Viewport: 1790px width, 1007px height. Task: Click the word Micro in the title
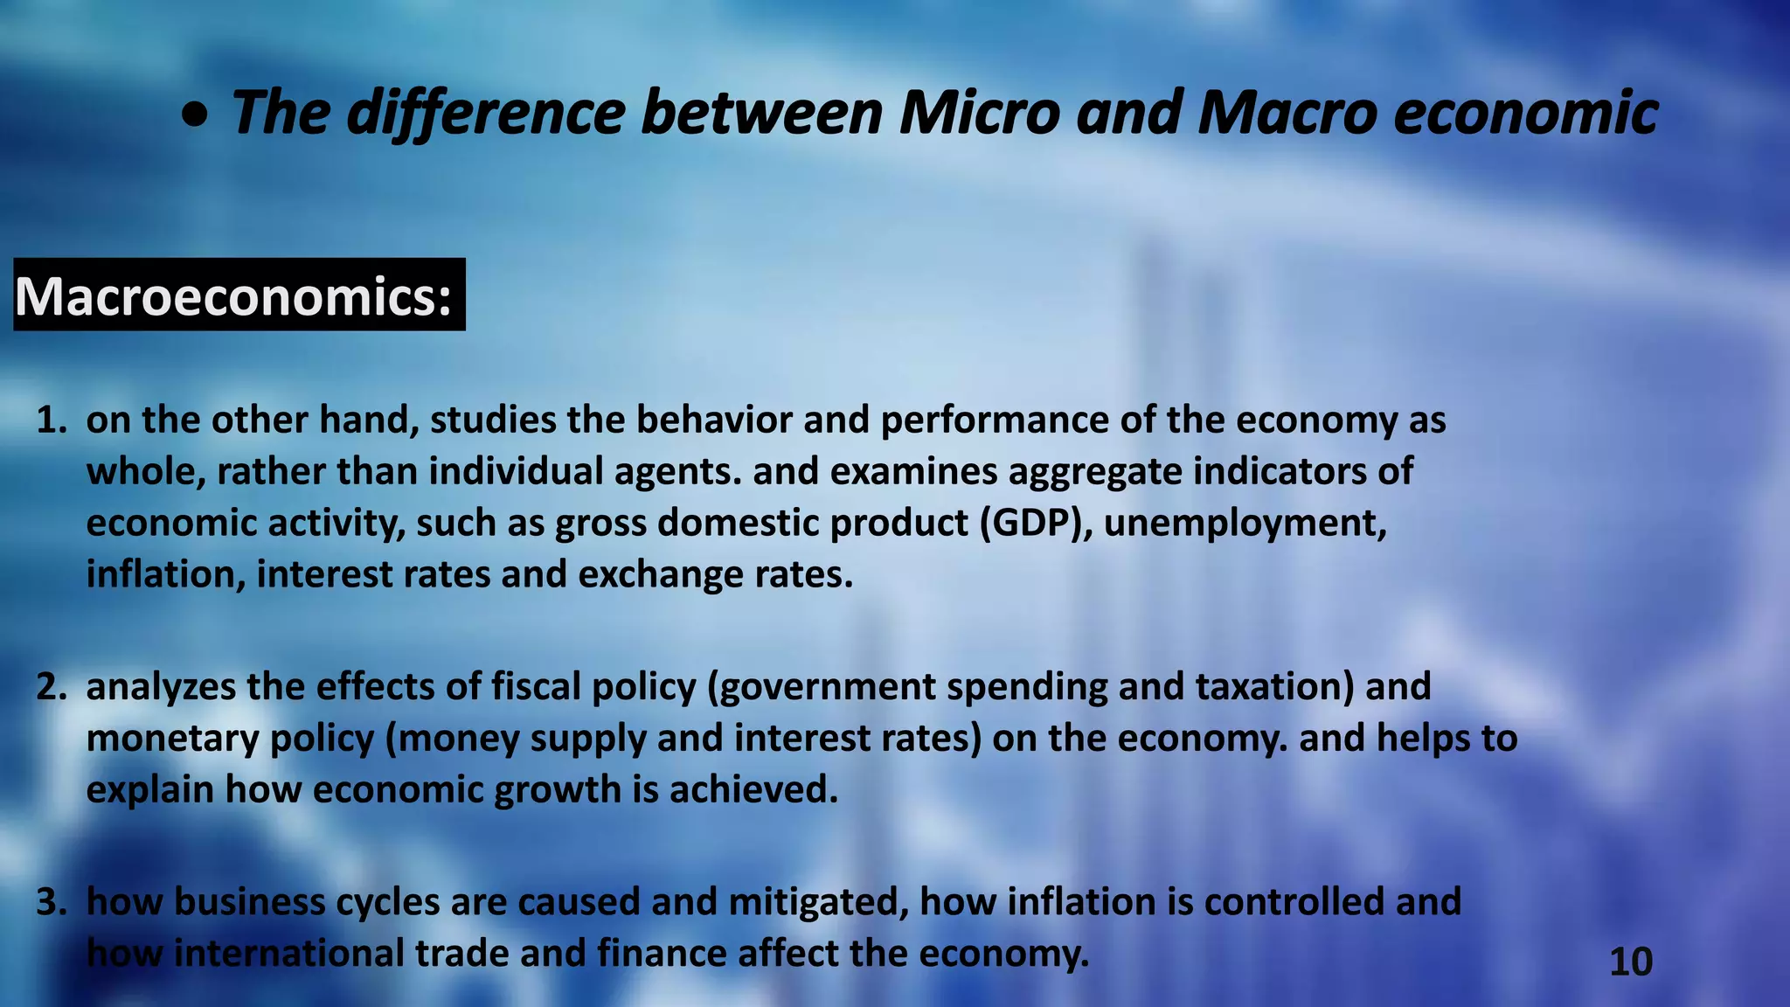979,114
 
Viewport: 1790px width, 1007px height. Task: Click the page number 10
1630,962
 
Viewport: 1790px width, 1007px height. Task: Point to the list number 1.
51,420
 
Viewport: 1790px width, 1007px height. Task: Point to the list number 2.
51,687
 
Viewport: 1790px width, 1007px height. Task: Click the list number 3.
51,902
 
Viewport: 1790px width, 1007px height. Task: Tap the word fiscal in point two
536,687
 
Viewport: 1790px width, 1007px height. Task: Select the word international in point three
288,954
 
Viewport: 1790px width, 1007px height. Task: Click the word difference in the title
486,114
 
